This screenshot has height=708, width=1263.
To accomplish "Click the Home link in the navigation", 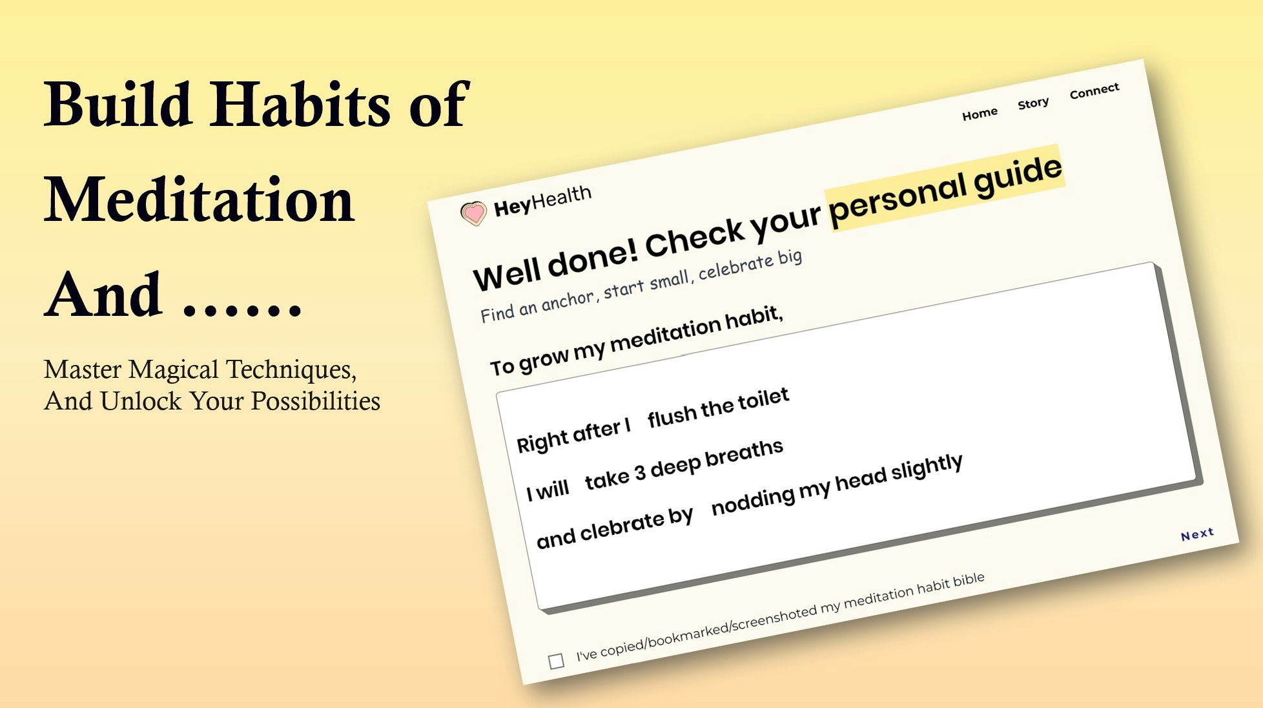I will click(980, 114).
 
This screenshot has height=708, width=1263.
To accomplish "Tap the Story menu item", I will click(1033, 103).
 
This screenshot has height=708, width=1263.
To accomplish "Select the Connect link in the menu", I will click(1094, 91).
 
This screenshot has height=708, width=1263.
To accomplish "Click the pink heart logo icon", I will click(473, 213).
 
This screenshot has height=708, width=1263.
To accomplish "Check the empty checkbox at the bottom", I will click(556, 661).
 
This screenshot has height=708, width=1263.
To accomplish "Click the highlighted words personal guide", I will click(945, 189).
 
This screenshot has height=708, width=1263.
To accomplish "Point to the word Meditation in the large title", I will click(200, 200).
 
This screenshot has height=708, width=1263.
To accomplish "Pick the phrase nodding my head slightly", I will click(837, 484).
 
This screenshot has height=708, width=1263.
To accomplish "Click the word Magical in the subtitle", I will click(174, 370).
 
